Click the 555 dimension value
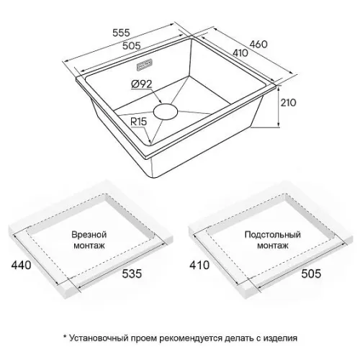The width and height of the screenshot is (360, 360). (x=121, y=32)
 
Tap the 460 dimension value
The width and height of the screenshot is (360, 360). (x=258, y=44)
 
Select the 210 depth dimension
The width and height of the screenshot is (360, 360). (x=289, y=103)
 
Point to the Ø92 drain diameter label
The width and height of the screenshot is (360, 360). (x=142, y=84)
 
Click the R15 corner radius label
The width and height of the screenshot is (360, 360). (x=138, y=122)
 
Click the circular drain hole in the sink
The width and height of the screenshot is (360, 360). (x=166, y=112)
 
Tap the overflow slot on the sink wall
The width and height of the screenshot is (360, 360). (x=145, y=65)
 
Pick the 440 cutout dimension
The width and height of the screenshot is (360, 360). (x=22, y=265)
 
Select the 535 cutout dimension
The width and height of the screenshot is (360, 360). (x=132, y=274)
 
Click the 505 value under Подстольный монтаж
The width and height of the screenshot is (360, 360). (x=311, y=274)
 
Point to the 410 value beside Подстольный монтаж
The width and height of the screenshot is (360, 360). (x=199, y=265)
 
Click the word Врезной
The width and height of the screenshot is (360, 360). (x=89, y=235)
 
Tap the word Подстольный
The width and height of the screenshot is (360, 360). (x=273, y=235)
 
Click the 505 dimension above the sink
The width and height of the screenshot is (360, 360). (x=131, y=45)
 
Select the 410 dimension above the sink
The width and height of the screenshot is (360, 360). (x=240, y=53)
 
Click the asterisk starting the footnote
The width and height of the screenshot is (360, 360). (x=65, y=336)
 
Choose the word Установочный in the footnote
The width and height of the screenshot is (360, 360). (x=99, y=338)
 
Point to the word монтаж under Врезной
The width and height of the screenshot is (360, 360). (x=89, y=246)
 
